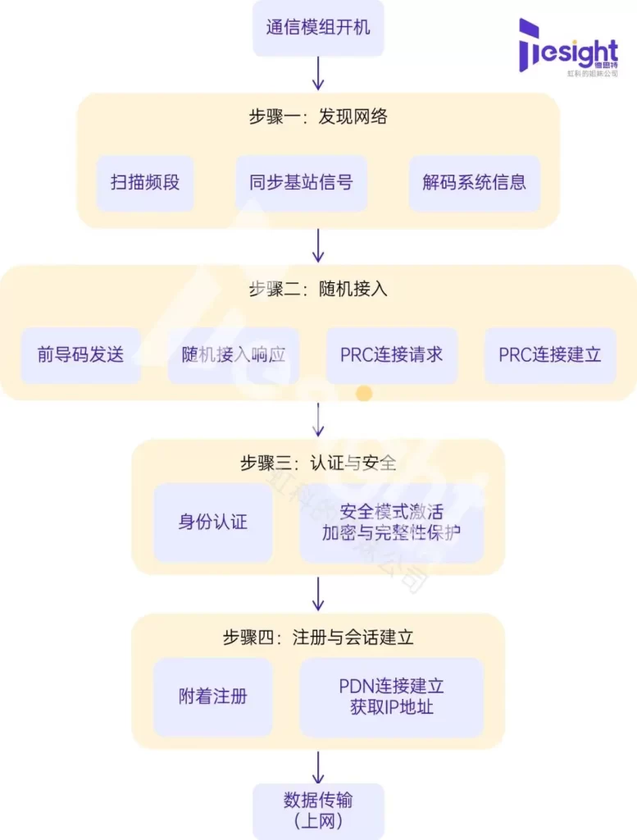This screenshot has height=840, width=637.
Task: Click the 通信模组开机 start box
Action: coord(318,28)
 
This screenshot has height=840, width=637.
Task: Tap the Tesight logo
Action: coord(568,48)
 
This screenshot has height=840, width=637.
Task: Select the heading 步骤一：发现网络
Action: coord(318,116)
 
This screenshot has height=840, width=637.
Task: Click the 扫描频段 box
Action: coord(145,182)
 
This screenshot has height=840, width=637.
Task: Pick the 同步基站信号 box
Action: coord(301,182)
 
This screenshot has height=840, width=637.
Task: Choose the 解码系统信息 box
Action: coord(475,182)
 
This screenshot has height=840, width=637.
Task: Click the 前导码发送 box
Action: coord(81,354)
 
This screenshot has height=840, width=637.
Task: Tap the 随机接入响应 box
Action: coord(234,354)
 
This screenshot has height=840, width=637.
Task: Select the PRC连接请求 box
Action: coord(391,354)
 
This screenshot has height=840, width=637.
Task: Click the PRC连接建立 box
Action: coord(550,354)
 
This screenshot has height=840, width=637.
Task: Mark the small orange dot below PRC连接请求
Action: coord(364,394)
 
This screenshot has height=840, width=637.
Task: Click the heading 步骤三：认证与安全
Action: coord(318,463)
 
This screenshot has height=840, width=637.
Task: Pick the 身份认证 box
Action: coord(212,522)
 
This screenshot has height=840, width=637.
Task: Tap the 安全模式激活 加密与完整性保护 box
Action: coord(391,522)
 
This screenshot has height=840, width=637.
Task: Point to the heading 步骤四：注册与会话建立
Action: coord(318,637)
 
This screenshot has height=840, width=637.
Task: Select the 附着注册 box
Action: coord(212,696)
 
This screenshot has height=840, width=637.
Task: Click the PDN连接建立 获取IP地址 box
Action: coord(391,696)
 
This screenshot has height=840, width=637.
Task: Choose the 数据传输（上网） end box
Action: coord(318,810)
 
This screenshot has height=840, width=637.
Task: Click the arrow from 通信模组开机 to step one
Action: coord(318,74)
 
